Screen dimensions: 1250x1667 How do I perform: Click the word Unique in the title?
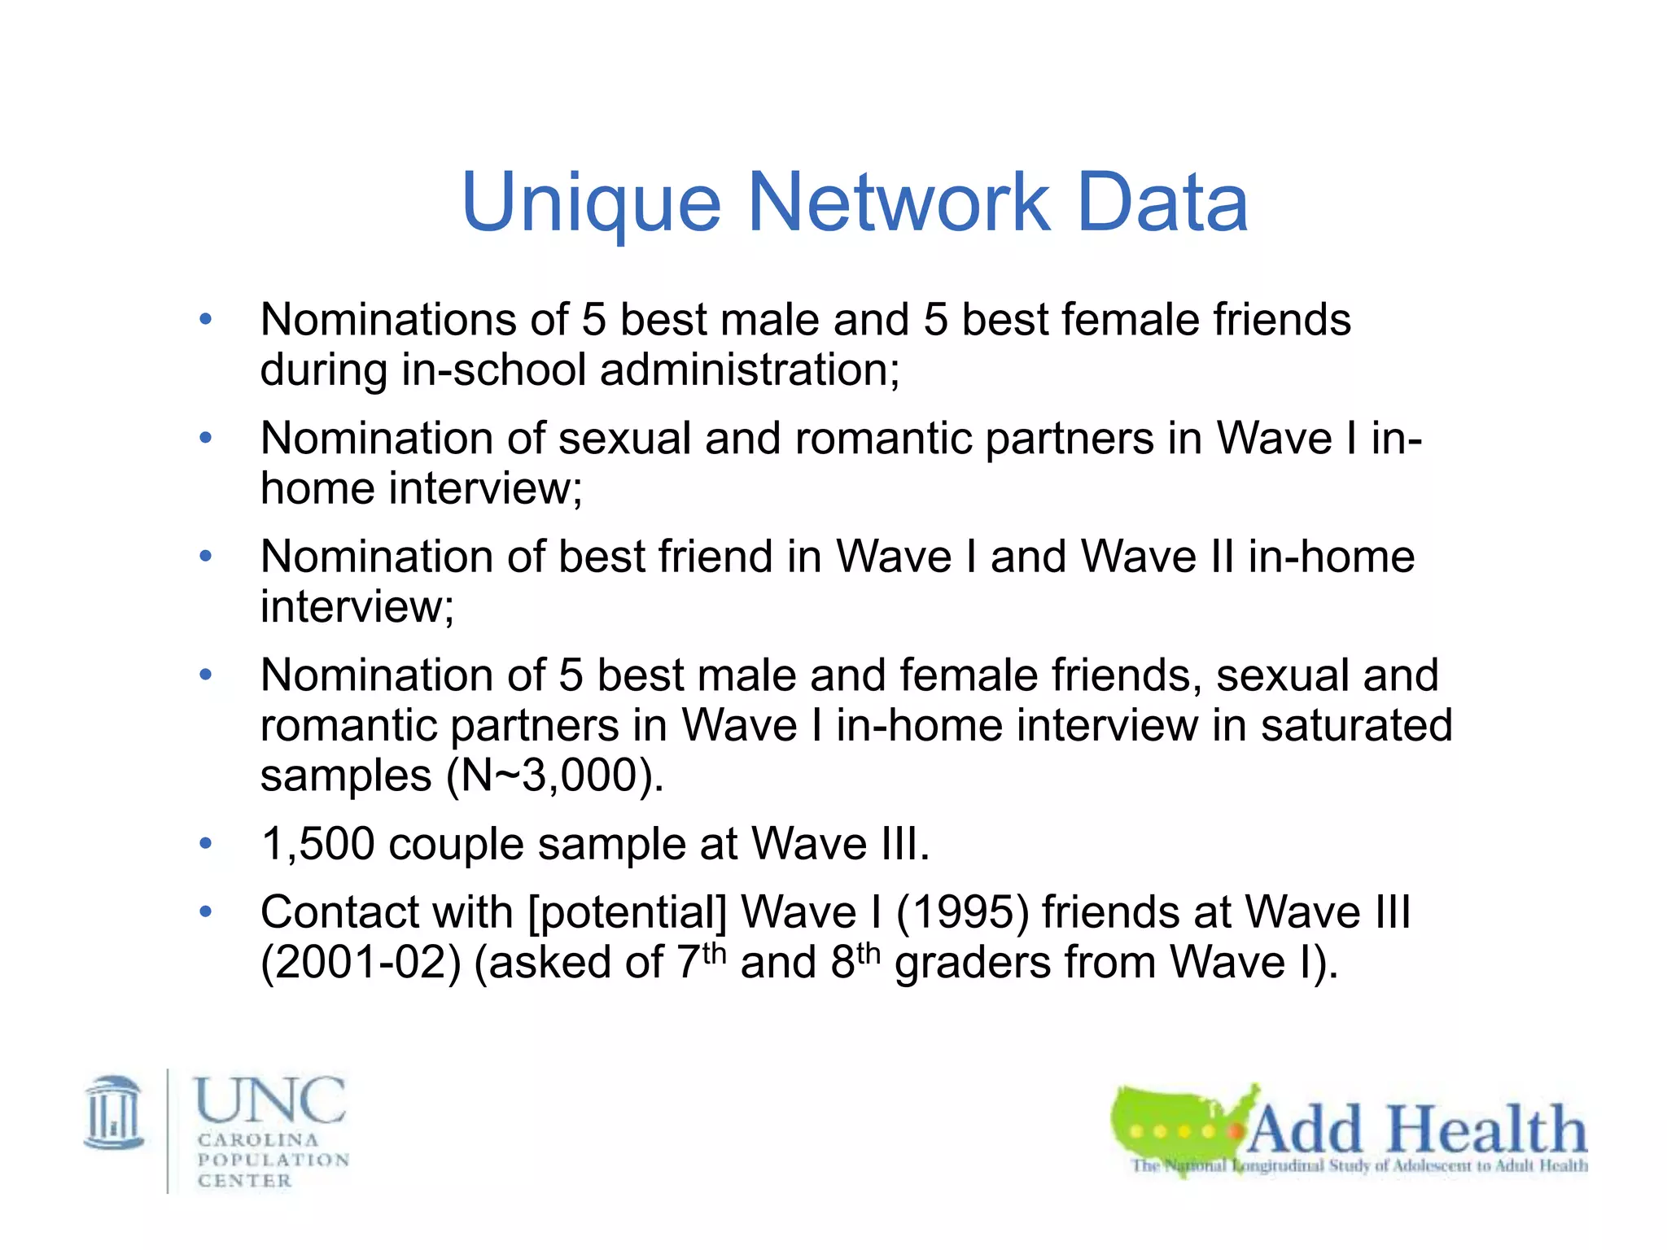coord(591,203)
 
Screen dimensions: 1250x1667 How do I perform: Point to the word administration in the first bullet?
coord(749,369)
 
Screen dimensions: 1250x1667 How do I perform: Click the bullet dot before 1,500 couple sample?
coord(206,843)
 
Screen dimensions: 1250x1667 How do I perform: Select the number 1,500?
coord(317,844)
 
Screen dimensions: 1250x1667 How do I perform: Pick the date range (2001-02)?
coord(361,963)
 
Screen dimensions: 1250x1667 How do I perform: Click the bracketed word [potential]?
coord(627,912)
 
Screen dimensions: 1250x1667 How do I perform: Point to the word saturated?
coord(1356,725)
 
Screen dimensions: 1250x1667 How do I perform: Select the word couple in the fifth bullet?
coord(456,844)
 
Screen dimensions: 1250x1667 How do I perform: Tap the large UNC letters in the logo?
coord(269,1100)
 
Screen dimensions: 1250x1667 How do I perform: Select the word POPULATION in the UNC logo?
coord(273,1160)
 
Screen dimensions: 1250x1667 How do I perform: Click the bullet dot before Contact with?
coord(206,911)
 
